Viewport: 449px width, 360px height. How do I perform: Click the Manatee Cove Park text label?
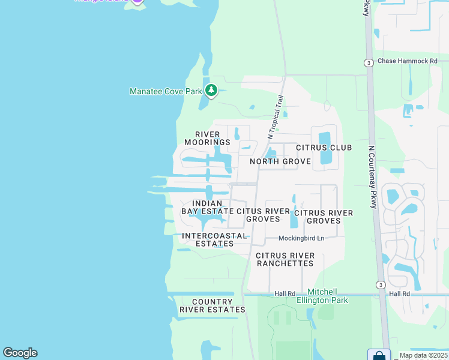[166, 91]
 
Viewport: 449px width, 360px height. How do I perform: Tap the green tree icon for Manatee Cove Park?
[211, 91]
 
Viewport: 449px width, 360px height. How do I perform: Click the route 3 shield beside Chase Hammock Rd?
[368, 62]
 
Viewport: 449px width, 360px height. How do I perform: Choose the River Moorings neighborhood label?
[207, 138]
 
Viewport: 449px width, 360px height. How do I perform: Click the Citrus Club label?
[324, 148]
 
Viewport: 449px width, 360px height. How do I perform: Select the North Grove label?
[280, 161]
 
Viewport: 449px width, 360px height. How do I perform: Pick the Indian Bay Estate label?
[206, 208]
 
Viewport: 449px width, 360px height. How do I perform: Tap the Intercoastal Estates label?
[214, 239]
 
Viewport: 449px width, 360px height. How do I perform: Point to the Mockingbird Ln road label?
[301, 238]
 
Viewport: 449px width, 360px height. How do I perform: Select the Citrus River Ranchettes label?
[285, 259]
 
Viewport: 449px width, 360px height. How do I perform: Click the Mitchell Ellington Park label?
[327, 296]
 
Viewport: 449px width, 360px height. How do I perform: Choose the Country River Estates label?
[212, 305]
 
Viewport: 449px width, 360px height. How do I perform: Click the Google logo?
[20, 353]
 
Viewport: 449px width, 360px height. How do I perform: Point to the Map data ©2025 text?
[424, 355]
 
